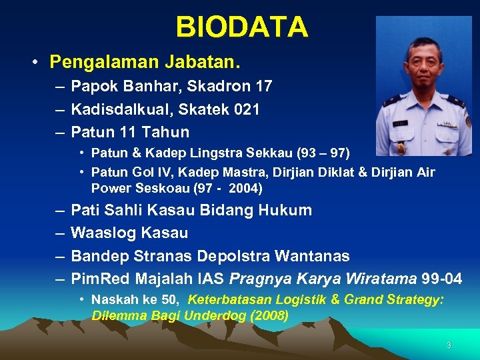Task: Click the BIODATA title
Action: pyautogui.click(x=242, y=27)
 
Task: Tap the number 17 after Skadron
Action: pyautogui.click(x=263, y=86)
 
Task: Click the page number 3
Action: pyautogui.click(x=449, y=345)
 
